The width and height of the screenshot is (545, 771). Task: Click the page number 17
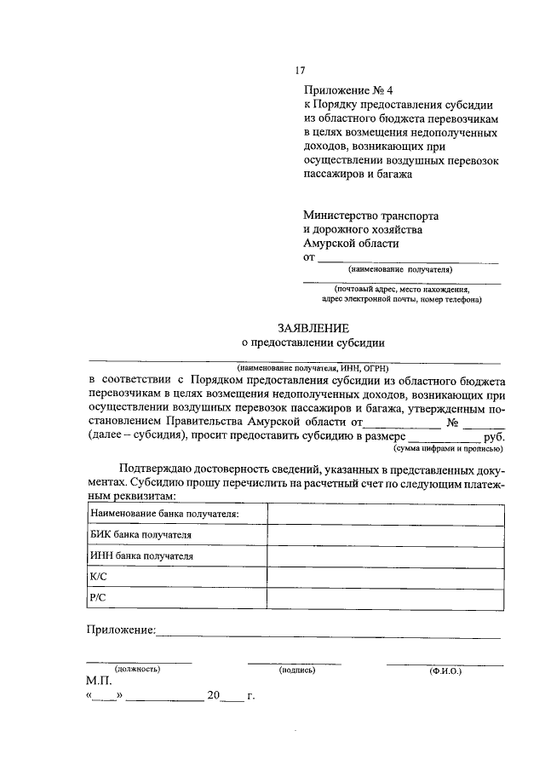pyautogui.click(x=300, y=71)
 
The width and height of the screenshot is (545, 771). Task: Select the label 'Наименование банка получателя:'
pyautogui.click(x=163, y=514)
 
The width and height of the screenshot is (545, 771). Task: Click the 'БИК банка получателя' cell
pyautogui.click(x=141, y=535)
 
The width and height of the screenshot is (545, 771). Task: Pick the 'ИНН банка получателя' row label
pyautogui.click(x=141, y=556)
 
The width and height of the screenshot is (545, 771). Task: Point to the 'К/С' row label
pyautogui.click(x=98, y=578)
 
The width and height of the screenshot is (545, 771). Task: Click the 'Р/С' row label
pyautogui.click(x=97, y=599)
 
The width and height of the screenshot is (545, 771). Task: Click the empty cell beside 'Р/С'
pyautogui.click(x=384, y=599)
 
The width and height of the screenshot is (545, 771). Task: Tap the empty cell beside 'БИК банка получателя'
pyautogui.click(x=384, y=535)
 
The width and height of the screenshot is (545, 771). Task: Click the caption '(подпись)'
pyautogui.click(x=297, y=670)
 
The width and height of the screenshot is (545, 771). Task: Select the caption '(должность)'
pyautogui.click(x=138, y=670)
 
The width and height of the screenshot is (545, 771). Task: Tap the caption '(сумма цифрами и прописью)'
pyautogui.click(x=448, y=448)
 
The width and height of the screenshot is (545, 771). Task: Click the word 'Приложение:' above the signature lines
pyautogui.click(x=120, y=630)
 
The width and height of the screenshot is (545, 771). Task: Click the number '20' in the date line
pyautogui.click(x=213, y=697)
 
